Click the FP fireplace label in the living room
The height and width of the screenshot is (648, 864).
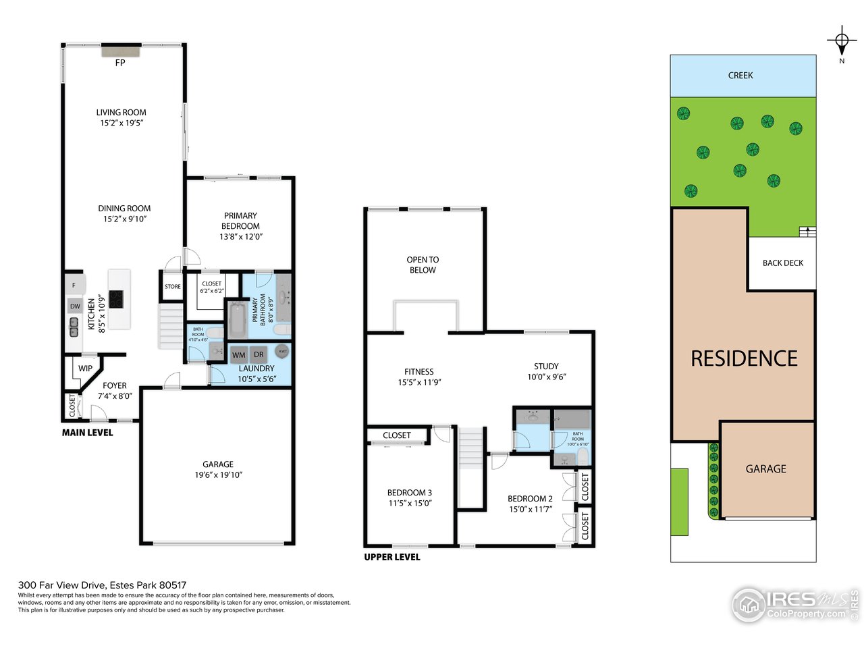[120, 63]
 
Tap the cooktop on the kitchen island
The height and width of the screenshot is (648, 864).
[116, 299]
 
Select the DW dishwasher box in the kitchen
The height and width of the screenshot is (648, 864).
[75, 306]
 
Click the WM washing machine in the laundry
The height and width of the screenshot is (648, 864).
[239, 354]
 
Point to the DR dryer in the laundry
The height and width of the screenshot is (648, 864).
[259, 354]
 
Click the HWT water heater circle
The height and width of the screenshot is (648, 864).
[282, 352]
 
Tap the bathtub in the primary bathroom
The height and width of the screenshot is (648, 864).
[237, 320]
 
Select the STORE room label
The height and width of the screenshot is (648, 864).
[173, 287]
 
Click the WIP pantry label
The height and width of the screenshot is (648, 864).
[85, 369]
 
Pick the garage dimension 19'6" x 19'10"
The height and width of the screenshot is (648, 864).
[218, 475]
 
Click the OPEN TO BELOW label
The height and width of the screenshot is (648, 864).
[423, 265]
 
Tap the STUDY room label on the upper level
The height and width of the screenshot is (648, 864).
[546, 367]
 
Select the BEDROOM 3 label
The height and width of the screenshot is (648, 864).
[410, 493]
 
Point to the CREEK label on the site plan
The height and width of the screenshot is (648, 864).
[740, 76]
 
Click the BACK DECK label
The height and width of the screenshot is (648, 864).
[783, 263]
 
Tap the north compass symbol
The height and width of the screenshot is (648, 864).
[842, 42]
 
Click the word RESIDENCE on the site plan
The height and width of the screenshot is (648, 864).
[744, 358]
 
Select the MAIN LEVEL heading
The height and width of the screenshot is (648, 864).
[88, 433]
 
